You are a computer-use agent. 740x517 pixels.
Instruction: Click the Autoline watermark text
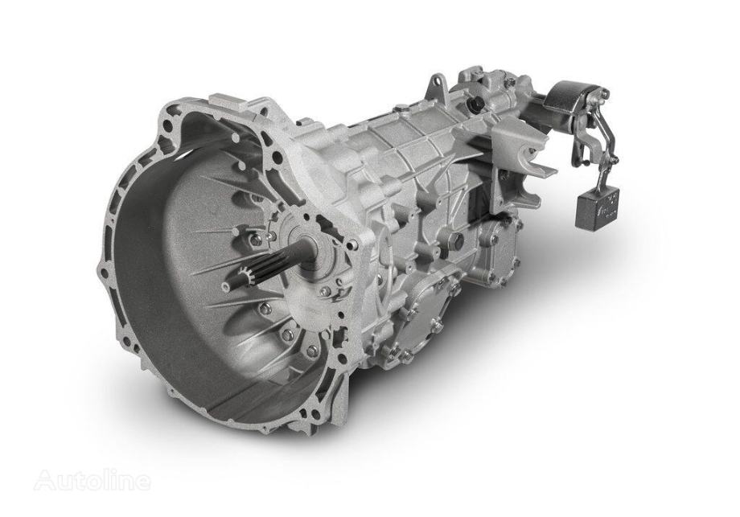tap(94, 482)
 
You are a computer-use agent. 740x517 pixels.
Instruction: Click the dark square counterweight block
tap(598, 204)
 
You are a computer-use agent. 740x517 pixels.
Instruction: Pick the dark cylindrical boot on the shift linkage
tap(566, 101)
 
